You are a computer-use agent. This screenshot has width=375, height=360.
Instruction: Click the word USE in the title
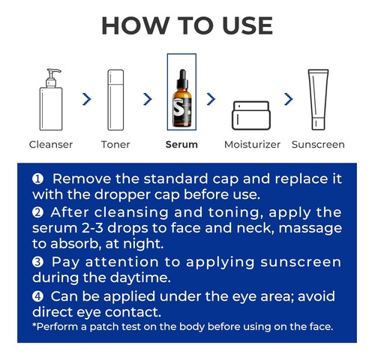pyautogui.click(x=247, y=25)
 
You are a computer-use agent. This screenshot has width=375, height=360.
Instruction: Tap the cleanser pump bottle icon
pyautogui.click(x=51, y=99)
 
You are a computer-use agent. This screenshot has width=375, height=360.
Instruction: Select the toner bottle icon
pyautogui.click(x=115, y=100)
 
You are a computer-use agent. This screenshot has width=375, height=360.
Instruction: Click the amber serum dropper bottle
pyautogui.click(x=182, y=98)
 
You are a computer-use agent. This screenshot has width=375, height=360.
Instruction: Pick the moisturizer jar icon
pyautogui.click(x=251, y=115)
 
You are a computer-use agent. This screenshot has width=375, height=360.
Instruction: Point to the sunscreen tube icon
pyautogui.click(x=318, y=100)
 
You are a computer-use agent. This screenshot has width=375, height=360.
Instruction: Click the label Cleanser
pyautogui.click(x=51, y=145)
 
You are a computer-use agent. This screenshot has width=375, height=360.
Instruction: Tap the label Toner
pyautogui.click(x=115, y=145)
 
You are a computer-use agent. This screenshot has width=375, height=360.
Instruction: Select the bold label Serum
pyautogui.click(x=181, y=145)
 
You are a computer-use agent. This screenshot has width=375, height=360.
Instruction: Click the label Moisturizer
pyautogui.click(x=252, y=145)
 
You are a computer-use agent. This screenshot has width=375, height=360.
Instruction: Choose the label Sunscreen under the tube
pyautogui.click(x=318, y=145)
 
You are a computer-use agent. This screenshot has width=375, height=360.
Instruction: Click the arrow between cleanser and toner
pyautogui.click(x=87, y=99)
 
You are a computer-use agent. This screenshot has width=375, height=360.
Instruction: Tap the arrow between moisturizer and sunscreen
pyautogui.click(x=289, y=99)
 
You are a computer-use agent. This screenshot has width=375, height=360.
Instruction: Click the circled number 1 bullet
pyautogui.click(x=37, y=179)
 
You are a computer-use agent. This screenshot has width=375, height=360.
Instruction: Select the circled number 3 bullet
pyautogui.click(x=37, y=262)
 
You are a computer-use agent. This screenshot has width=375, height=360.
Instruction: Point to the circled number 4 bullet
pyautogui.click(x=37, y=296)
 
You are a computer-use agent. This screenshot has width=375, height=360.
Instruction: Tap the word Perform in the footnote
pyautogui.click(x=57, y=327)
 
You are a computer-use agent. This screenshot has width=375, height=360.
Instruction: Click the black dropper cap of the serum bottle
pyautogui.click(x=182, y=79)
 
